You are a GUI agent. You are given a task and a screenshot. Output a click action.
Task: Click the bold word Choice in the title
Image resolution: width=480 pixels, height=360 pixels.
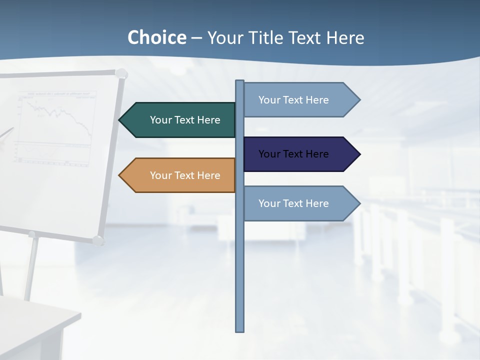point(156,38)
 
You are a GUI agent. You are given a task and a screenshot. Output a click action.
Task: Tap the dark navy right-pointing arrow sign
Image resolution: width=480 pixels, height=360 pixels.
point(295,154)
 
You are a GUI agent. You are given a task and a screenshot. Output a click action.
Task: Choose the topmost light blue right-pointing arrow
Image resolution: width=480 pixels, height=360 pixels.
point(295,100)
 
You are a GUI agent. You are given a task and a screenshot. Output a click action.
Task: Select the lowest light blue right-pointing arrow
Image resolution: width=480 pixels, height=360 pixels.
point(295,203)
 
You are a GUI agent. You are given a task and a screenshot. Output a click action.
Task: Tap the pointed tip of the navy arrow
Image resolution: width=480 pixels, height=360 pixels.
point(359,154)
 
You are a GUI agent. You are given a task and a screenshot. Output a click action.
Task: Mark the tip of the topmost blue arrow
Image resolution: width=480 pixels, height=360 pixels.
point(359,100)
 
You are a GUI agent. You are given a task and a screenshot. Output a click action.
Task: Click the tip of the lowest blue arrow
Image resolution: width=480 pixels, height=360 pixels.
point(359,203)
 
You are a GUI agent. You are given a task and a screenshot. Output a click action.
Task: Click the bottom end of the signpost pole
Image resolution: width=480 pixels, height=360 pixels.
point(240,330)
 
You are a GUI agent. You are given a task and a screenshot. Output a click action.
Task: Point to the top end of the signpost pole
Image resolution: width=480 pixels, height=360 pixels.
point(240,82)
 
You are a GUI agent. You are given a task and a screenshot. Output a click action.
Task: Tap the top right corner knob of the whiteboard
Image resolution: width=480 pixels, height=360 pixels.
point(121,74)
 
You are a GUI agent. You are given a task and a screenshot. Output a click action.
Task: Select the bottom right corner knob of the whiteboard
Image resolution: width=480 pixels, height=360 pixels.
point(98,240)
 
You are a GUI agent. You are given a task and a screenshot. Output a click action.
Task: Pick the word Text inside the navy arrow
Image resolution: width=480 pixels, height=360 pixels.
point(293,154)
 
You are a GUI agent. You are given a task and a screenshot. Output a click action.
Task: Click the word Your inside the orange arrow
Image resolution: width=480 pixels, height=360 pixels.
point(161,175)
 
